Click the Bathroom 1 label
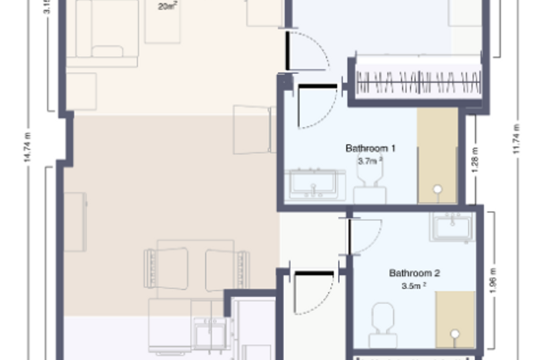tap(370, 149)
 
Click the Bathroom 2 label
tap(414, 273)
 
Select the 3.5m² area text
tap(414, 285)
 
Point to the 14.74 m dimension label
tap(27, 147)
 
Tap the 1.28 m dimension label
tap(475, 163)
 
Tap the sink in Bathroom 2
tap(452, 227)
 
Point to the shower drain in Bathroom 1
tap(438, 189)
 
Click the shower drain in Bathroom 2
tap(455, 334)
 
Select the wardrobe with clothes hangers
tap(419, 81)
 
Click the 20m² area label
tap(167, 7)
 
